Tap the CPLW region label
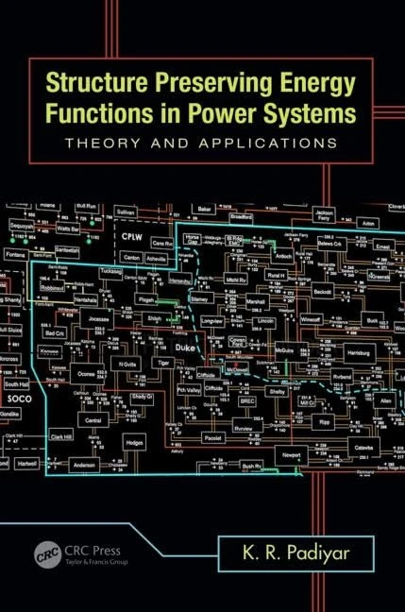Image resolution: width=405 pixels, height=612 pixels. [x=128, y=229]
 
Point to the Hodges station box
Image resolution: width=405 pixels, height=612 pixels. [x=136, y=442]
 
